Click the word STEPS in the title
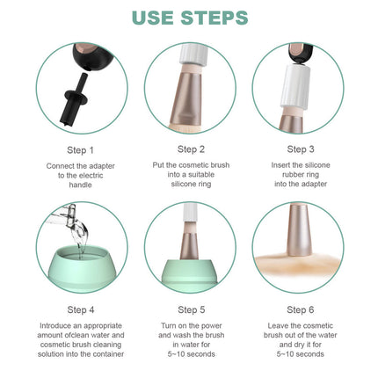point(214,18)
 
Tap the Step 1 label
point(80,150)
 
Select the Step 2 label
point(191,149)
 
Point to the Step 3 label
point(301,149)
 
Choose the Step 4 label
point(81,309)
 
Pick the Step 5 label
point(192,309)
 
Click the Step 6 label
point(301,309)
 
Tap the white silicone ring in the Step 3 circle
point(294,85)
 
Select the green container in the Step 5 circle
point(190,274)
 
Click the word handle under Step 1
point(80,185)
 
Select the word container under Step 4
point(107,354)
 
